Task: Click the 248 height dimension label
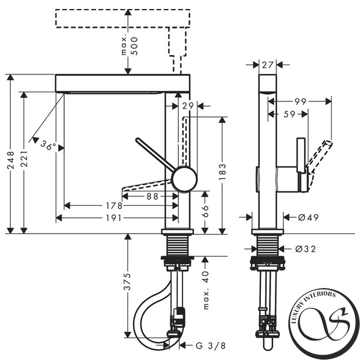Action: coord(11,160)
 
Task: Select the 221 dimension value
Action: coord(24,158)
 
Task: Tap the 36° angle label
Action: coord(48,145)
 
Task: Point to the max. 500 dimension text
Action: coord(130,46)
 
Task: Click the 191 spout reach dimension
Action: coord(113,218)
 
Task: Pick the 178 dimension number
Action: coord(114,206)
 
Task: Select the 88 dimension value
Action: coord(152,196)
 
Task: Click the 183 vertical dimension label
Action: coord(222,172)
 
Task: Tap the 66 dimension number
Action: coord(205,211)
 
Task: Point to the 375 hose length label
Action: coord(127,282)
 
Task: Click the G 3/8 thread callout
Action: coord(211,346)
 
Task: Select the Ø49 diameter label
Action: coord(308,217)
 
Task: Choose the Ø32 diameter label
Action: coord(305,249)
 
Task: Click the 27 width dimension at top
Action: coord(268,65)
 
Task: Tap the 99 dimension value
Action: coord(300,101)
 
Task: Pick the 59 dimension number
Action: coord(289,114)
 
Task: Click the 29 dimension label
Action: coord(188,106)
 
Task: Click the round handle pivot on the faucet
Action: coord(185,178)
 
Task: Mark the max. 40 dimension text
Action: coord(206,290)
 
